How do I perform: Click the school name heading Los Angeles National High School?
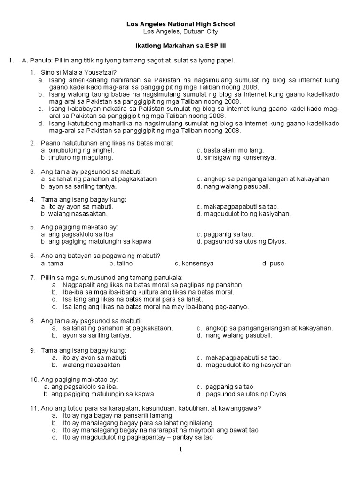coord(181,24)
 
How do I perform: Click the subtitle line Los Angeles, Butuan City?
coord(181,31)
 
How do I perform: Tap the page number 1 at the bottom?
coord(180,450)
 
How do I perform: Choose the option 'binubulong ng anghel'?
coord(80,150)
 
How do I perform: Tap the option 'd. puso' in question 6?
coord(273,263)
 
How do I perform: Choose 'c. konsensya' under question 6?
coord(194,263)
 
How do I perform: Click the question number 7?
coord(33,277)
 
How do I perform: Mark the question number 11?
coord(34,408)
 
